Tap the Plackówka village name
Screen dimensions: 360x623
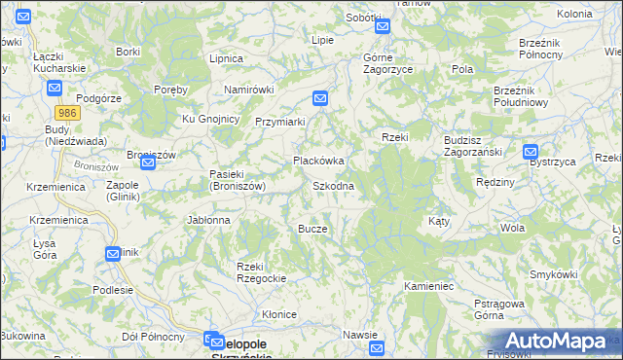pos(319,161)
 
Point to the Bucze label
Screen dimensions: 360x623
pos(312,229)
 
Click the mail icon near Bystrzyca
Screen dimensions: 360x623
pos(531,152)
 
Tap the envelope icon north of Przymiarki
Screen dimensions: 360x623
pos(320,98)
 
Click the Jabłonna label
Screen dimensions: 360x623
pos(209,221)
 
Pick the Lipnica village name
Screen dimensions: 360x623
pos(226,58)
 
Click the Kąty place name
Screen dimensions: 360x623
pos(439,222)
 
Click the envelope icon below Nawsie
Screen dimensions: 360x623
pos(378,348)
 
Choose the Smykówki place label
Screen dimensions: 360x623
pos(550,275)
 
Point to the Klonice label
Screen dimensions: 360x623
pos(278,314)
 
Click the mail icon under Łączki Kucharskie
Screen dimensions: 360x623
pos(55,87)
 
